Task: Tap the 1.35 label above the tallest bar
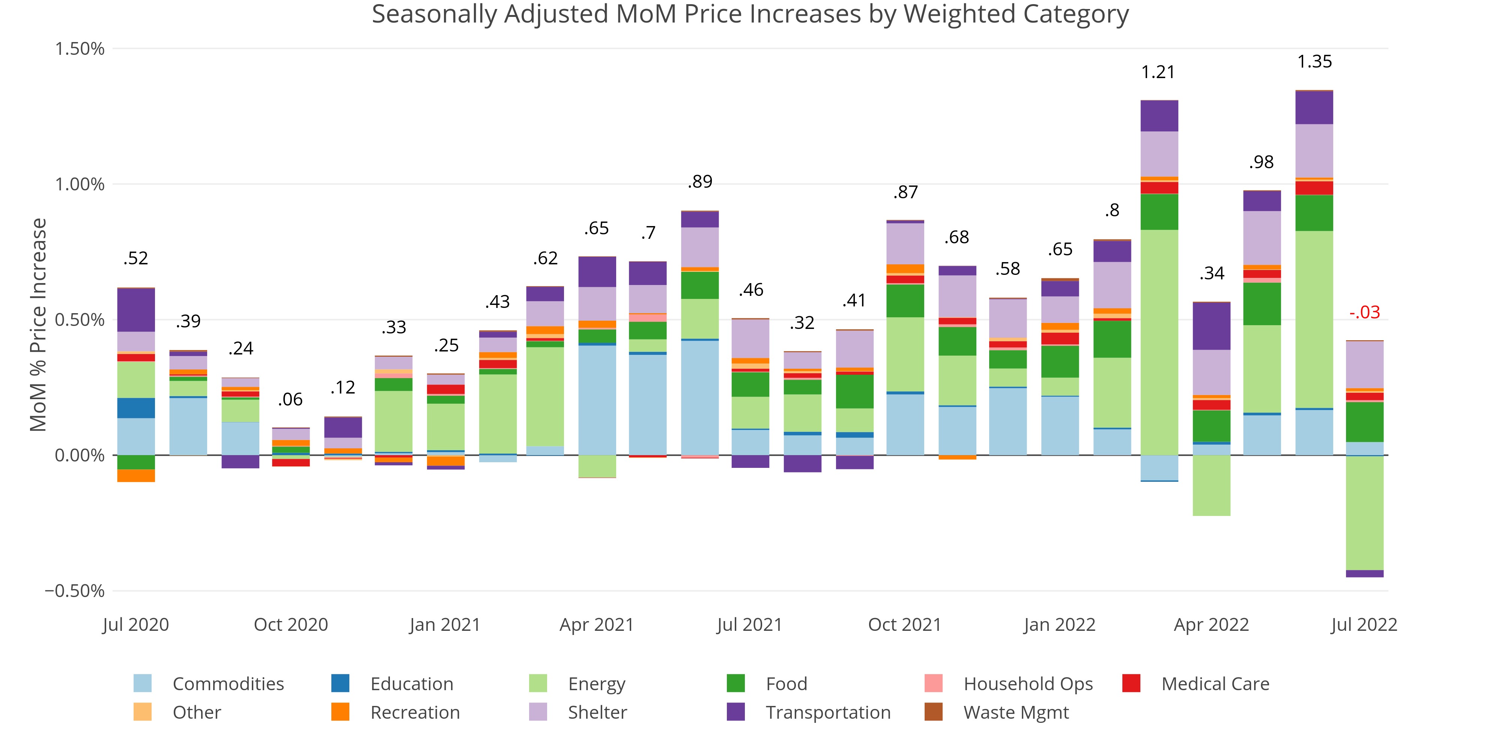coord(1315,62)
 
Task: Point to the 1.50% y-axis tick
coord(80,48)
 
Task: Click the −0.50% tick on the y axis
coord(75,591)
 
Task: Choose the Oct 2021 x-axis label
coord(904,624)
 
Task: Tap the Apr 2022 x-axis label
coord(1211,624)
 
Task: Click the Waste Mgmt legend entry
coord(1016,713)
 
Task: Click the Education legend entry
coord(411,683)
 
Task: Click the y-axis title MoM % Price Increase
coord(38,325)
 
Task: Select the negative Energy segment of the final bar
coord(1365,513)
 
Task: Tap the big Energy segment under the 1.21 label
coord(1159,342)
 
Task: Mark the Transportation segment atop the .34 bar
coord(1211,326)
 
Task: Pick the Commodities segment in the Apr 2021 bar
coord(597,400)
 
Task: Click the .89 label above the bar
coord(700,182)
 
